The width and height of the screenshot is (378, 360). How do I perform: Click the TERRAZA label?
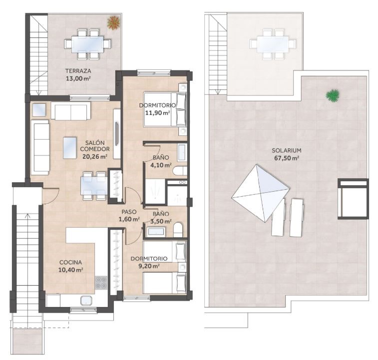[x=78, y=71]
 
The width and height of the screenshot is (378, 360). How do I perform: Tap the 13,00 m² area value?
[x=78, y=78]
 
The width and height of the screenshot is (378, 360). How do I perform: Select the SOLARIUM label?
[x=287, y=151]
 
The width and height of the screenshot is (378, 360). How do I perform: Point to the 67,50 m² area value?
[x=287, y=158]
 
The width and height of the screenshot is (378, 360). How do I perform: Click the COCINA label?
[x=70, y=262]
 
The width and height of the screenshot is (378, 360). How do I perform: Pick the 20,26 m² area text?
[x=95, y=156]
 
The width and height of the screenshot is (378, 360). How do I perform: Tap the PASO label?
[x=129, y=212]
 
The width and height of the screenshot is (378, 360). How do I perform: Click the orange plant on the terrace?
[x=113, y=22]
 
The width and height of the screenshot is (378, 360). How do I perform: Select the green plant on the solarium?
[x=333, y=95]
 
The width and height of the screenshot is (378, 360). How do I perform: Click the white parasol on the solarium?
[x=261, y=193]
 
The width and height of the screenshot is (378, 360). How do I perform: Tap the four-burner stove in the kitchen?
[x=101, y=283]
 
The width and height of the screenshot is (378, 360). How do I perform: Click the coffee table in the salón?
[x=70, y=148]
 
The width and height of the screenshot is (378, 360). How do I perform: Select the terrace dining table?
[x=87, y=44]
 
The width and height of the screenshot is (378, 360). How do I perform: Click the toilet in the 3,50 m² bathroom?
[x=178, y=230]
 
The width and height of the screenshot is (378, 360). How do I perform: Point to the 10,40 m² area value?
[x=70, y=270]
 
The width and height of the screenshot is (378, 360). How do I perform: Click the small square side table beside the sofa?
[x=39, y=110]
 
